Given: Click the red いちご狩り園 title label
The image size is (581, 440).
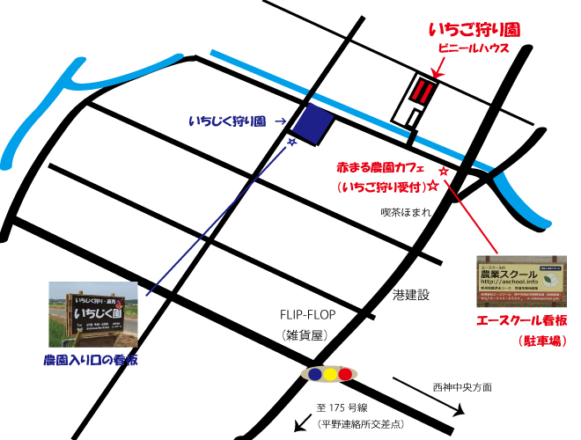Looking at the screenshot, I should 474,30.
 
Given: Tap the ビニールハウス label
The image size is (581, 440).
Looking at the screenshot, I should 474,49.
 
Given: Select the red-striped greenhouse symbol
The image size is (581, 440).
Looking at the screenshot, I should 423,91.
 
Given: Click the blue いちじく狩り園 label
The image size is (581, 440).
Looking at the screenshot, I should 227,121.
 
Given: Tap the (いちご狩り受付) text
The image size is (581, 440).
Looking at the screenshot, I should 380,187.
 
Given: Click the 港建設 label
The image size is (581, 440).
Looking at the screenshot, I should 410,294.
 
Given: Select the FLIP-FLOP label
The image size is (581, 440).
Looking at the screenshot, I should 308,315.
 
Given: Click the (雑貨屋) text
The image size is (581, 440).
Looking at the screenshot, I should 305,335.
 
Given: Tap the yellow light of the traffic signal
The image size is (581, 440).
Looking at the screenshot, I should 330,374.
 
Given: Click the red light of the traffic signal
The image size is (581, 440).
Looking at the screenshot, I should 345,374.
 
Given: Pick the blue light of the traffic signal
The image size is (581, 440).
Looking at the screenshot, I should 315,374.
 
